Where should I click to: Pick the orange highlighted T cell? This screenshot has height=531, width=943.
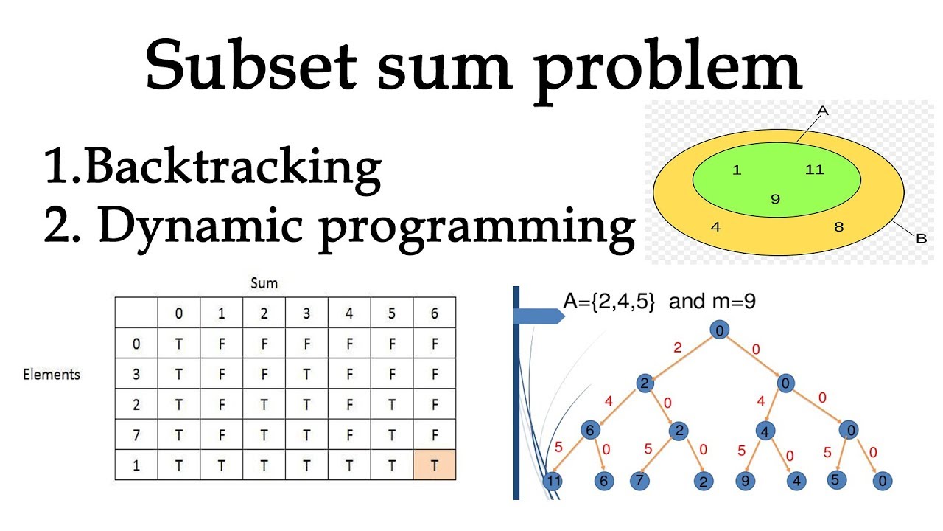[x=435, y=466]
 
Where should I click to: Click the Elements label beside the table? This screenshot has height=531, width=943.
[x=52, y=374]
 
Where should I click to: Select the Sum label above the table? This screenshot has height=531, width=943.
[x=264, y=283]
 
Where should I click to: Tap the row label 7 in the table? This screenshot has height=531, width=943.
[x=136, y=435]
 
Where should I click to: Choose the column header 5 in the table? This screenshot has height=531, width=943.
[x=392, y=313]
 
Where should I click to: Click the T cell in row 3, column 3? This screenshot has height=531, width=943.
[x=306, y=373]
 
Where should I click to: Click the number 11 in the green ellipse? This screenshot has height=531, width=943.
[x=814, y=170]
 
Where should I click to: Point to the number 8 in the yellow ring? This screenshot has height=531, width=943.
[x=838, y=226]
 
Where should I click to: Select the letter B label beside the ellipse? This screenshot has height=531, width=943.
[x=921, y=238]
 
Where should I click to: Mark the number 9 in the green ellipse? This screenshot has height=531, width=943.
[x=775, y=198]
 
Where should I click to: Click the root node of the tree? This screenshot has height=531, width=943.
[x=720, y=330]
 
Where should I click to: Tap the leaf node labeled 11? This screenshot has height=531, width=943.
[x=553, y=482]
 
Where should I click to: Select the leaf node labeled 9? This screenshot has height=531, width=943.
[x=746, y=482]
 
